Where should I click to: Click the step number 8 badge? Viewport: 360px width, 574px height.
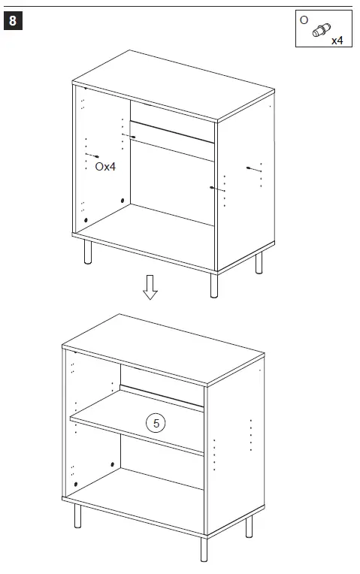(x=14, y=21)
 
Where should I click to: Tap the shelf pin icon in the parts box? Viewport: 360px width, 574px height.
(x=321, y=30)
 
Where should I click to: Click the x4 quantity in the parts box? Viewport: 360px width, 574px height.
(x=337, y=41)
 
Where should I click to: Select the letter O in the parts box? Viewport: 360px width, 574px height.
(x=304, y=20)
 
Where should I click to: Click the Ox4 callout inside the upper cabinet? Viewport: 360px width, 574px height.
(x=105, y=166)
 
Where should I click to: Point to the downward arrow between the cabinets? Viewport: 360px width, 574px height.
(x=150, y=287)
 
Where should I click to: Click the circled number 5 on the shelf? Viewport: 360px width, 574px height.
(x=156, y=424)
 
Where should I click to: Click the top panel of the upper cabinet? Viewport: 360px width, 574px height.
(x=173, y=84)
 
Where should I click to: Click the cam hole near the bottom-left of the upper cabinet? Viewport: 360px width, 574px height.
(x=86, y=220)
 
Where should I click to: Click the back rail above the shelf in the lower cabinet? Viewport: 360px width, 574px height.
(x=162, y=397)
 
